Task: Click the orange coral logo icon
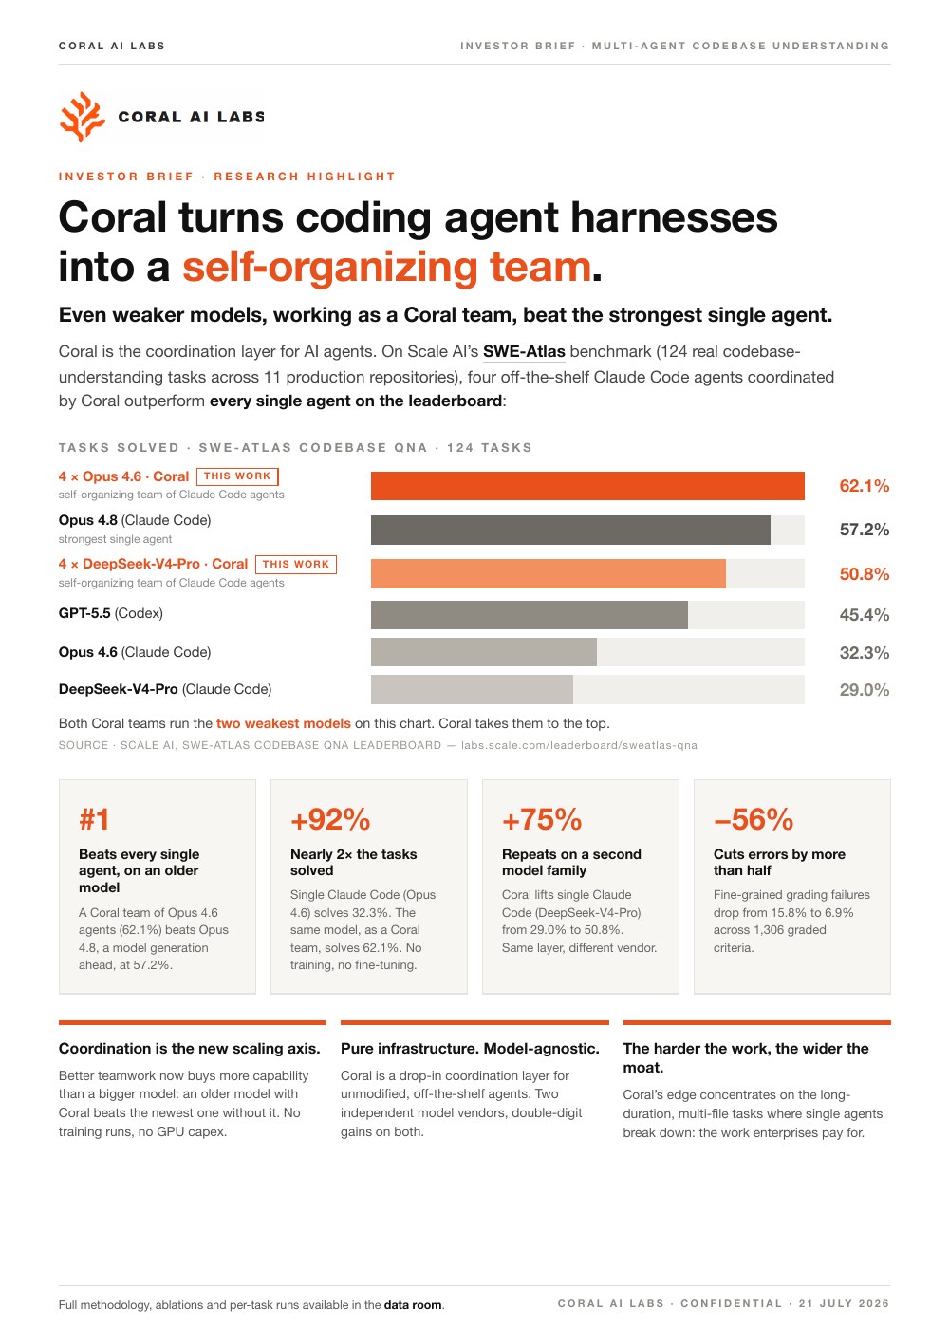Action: tap(83, 117)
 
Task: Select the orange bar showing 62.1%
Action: tap(587, 486)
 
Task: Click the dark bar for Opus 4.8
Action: tap(570, 530)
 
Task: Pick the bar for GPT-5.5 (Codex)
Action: tap(530, 615)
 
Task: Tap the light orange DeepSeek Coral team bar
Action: tap(549, 573)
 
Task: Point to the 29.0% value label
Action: tap(864, 690)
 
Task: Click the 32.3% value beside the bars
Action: tap(864, 653)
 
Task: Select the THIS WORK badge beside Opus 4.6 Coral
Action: tap(237, 476)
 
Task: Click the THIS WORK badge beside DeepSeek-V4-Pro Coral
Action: tap(296, 565)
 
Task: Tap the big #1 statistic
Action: tap(94, 820)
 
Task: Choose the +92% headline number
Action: tap(330, 820)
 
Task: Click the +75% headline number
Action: tap(542, 820)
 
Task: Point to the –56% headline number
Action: tap(754, 820)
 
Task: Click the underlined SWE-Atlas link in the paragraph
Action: tap(524, 351)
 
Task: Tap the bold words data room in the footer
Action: tap(413, 1305)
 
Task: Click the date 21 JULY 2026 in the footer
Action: tap(844, 1304)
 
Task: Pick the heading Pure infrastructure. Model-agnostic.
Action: tap(471, 1049)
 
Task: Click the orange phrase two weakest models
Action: tap(283, 723)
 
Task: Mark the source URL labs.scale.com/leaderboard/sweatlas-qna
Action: tap(579, 745)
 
